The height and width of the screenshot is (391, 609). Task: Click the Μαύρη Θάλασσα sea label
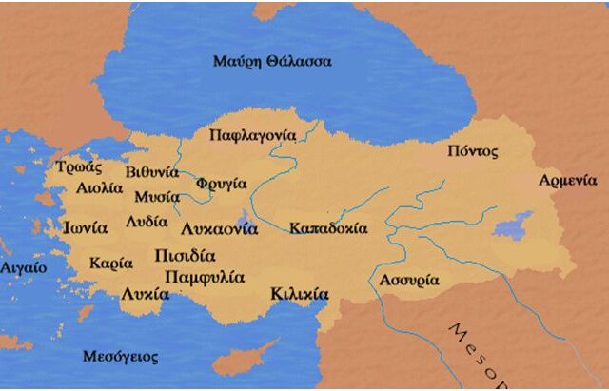click(271, 62)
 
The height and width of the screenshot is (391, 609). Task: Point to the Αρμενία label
click(567, 180)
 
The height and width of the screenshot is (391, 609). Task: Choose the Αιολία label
click(99, 187)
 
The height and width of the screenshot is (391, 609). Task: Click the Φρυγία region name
click(222, 183)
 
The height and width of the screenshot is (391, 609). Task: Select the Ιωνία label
click(85, 228)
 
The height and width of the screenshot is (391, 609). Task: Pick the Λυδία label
click(147, 222)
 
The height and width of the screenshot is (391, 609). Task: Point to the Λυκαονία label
click(218, 228)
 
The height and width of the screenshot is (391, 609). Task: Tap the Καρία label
click(110, 263)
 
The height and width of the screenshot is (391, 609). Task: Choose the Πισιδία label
click(185, 256)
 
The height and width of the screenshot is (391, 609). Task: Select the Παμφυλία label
click(204, 278)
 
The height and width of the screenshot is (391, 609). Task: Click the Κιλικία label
click(299, 293)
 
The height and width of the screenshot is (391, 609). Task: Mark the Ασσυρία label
click(409, 281)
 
